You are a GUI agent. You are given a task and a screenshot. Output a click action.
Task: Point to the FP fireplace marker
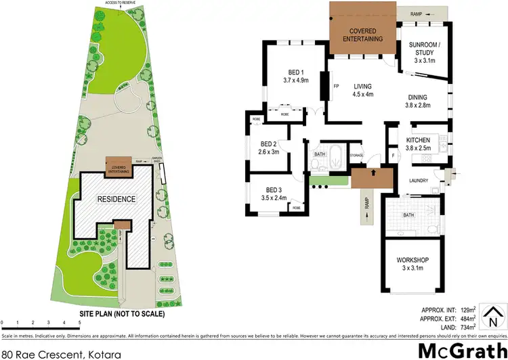[x=337, y=86]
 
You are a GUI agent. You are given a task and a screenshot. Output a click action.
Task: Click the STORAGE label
[x=357, y=156]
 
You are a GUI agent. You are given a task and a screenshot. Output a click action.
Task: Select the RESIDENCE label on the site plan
[x=116, y=199]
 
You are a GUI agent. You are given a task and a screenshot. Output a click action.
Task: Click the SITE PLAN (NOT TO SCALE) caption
[x=122, y=314]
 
